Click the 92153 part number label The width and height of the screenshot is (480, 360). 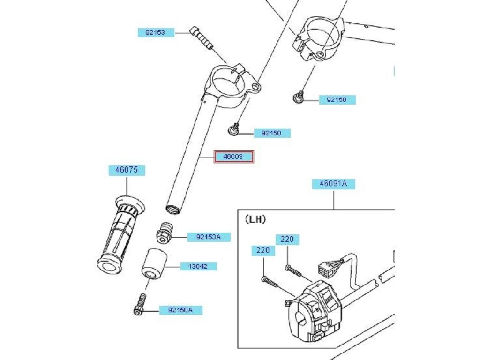[156, 33]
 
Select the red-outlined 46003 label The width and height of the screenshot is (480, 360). [233, 157]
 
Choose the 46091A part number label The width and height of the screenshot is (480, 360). [334, 184]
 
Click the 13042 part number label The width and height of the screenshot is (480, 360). [199, 266]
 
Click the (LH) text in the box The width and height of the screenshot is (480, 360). [255, 219]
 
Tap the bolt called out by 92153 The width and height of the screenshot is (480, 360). [202, 38]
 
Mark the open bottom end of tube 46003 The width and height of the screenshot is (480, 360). [173, 209]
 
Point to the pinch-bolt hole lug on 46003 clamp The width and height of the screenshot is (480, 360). [255, 87]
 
